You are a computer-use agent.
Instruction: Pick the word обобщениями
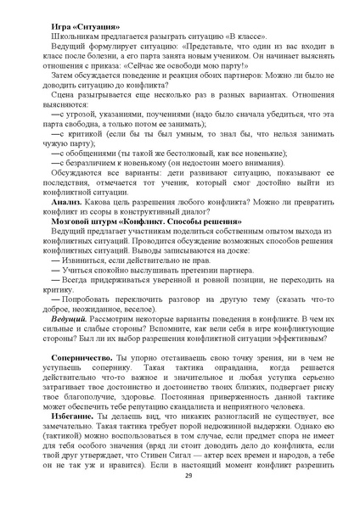click(x=92, y=150)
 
